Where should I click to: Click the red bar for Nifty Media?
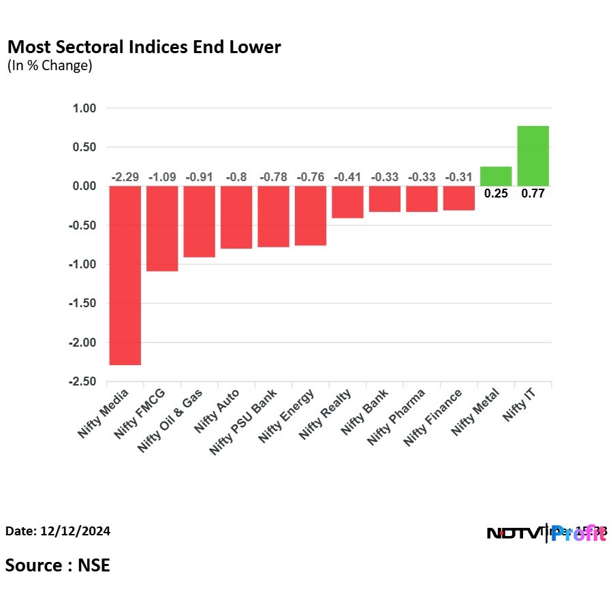pyautogui.click(x=125, y=275)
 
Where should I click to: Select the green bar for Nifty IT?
pyautogui.click(x=533, y=156)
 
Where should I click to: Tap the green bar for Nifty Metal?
pyautogui.click(x=496, y=176)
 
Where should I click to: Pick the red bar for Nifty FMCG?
pyautogui.click(x=162, y=228)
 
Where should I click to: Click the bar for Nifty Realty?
pyautogui.click(x=347, y=202)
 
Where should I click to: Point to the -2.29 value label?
pyautogui.click(x=125, y=177)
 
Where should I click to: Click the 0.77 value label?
pyautogui.click(x=533, y=193)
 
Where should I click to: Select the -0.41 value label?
pyautogui.click(x=347, y=177)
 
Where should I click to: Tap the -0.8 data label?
pyautogui.click(x=236, y=177)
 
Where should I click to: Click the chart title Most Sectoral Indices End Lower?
pyautogui.click(x=144, y=48)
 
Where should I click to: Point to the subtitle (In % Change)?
pyautogui.click(x=49, y=66)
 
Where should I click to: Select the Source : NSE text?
pyautogui.click(x=58, y=565)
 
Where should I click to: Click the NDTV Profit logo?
pyautogui.click(x=546, y=533)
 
